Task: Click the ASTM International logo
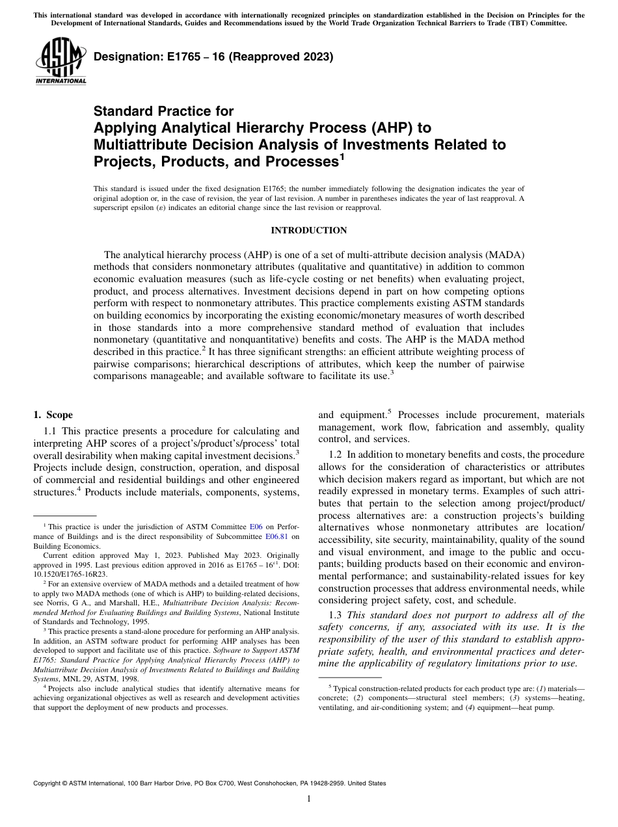60,60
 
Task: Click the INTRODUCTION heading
308,230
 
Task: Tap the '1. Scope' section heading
53,415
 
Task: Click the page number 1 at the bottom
309,798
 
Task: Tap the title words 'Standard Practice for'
163,111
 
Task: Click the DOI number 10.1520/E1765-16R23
70,574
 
